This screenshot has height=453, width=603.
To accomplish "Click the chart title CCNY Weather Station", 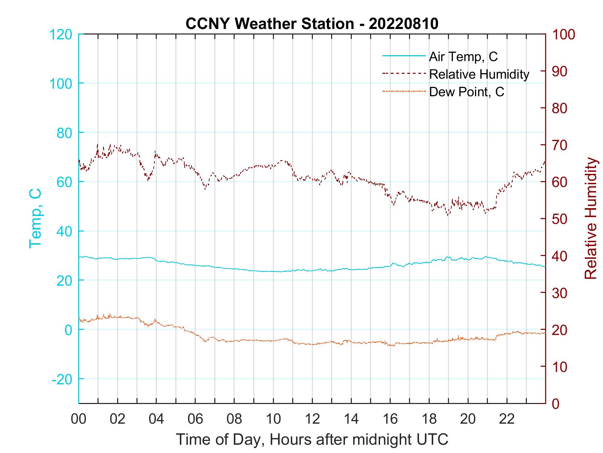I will [x=269, y=24].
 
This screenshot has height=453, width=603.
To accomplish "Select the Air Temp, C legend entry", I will [x=463, y=57].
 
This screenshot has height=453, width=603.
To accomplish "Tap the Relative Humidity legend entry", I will [x=479, y=74].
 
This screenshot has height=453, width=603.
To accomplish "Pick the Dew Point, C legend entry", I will [x=467, y=92].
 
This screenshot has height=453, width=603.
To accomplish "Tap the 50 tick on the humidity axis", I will [x=560, y=219].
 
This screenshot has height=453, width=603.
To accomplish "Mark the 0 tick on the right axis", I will [x=556, y=403].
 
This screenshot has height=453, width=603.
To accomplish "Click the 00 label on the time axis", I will [x=79, y=419].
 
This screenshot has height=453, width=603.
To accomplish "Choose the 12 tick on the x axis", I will [x=312, y=419].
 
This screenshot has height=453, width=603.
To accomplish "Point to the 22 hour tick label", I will [x=507, y=419].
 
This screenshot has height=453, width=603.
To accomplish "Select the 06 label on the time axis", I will [x=195, y=419].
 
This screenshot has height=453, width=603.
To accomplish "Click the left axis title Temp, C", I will [x=35, y=218].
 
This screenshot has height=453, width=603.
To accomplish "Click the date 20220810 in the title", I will [x=403, y=24].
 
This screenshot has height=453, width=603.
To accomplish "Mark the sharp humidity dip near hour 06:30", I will [x=205, y=189].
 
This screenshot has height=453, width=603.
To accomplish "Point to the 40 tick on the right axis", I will [x=560, y=256].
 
